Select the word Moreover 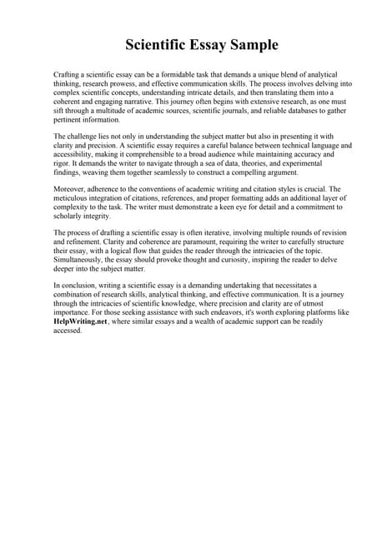[72, 191]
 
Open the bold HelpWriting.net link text [81, 321]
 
